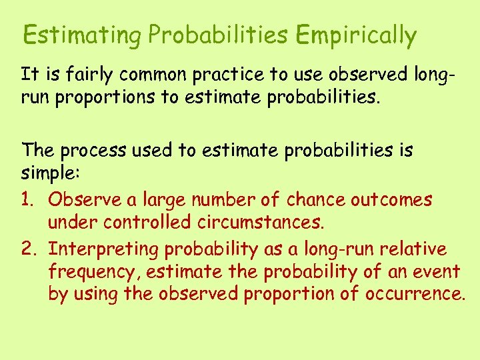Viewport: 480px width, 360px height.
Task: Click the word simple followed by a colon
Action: click(50, 175)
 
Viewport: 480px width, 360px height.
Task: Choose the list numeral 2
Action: click(29, 249)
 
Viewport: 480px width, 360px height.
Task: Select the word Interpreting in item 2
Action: click(104, 249)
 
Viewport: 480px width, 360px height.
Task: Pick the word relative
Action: click(413, 249)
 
